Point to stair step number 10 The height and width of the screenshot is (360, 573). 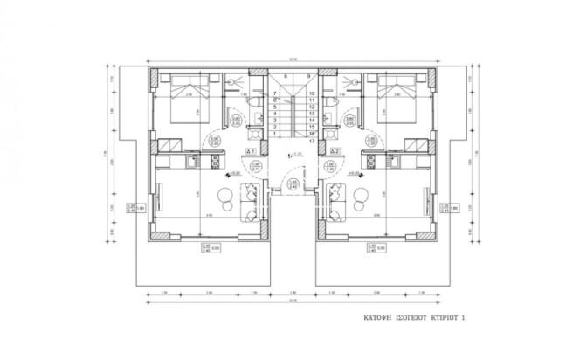click(312, 93)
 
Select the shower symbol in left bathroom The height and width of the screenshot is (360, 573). click(236, 84)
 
